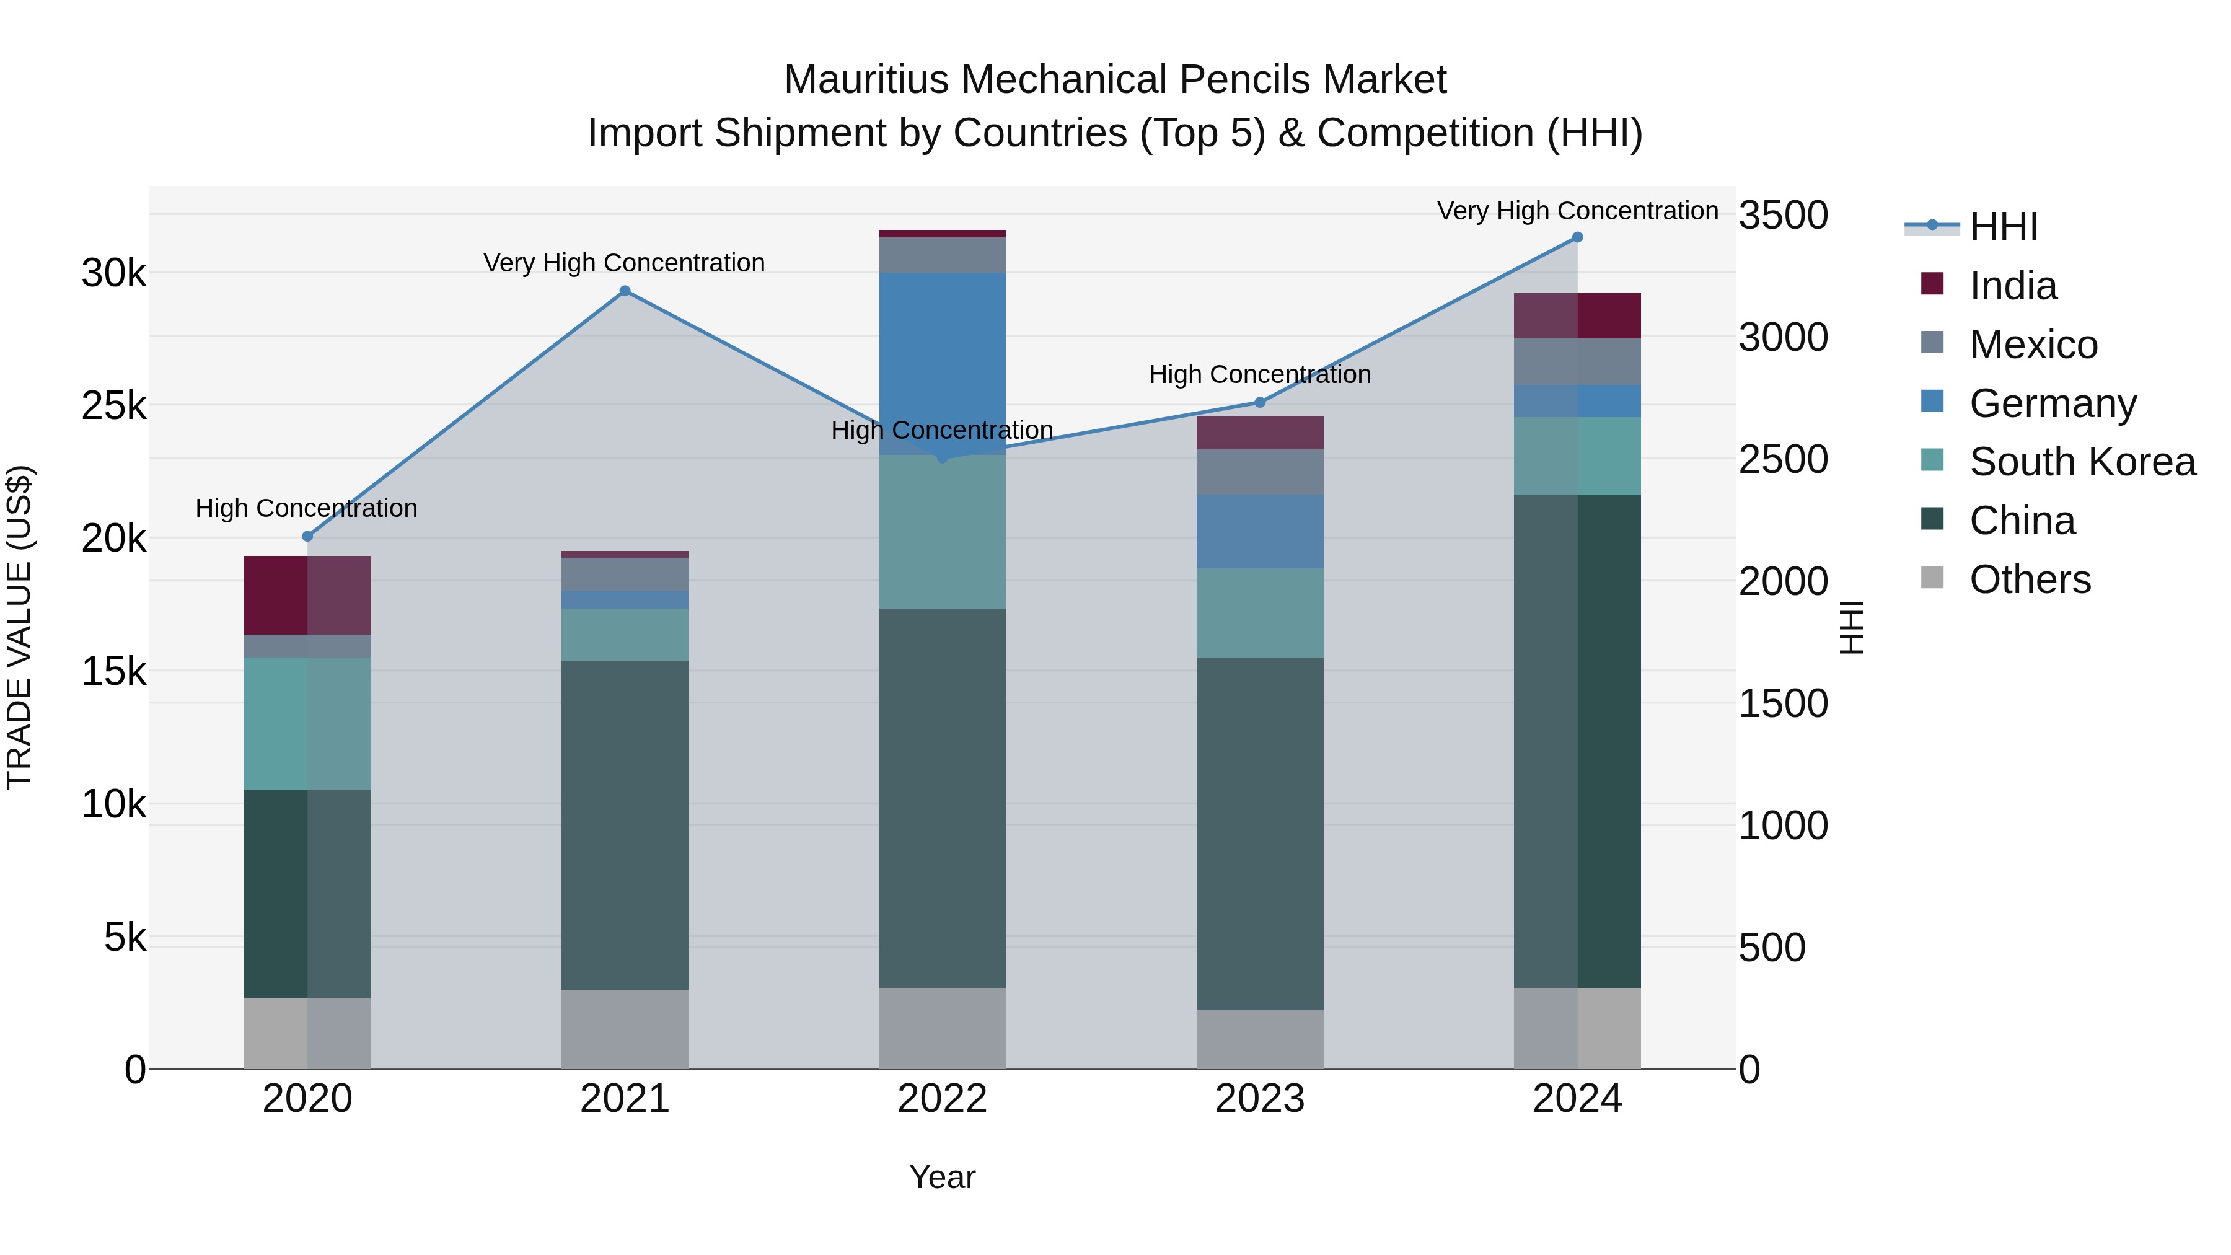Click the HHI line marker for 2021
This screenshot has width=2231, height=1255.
pos(625,291)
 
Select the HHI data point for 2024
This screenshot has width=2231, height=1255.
pos(1577,237)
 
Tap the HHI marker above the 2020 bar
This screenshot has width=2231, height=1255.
pos(307,536)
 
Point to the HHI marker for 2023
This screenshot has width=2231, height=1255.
pos(1260,402)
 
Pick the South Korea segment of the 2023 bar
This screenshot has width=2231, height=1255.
pos(1260,612)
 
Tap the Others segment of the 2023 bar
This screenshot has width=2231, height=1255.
pos(1260,1039)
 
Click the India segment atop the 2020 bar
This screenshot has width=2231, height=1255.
pos(307,595)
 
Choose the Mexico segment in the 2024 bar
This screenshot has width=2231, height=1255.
pos(1577,361)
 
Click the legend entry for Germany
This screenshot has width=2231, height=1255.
pos(2053,403)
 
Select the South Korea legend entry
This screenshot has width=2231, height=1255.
pos(2082,462)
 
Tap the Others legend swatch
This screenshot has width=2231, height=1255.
pos(1932,578)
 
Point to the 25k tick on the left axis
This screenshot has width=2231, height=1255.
pos(113,405)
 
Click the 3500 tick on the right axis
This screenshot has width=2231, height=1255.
pos(1783,215)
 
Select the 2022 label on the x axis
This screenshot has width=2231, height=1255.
pos(942,1099)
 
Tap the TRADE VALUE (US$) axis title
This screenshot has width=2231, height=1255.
pos(19,627)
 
